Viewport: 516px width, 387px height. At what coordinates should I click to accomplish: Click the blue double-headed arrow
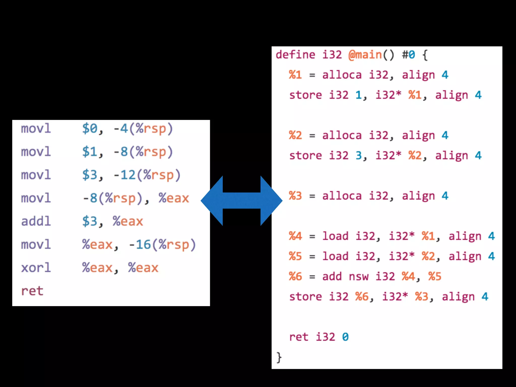[241, 201]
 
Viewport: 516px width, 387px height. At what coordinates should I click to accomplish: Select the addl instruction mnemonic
[36, 221]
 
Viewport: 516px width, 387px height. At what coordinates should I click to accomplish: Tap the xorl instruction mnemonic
[36, 268]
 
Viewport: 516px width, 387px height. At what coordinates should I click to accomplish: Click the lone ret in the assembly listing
[32, 291]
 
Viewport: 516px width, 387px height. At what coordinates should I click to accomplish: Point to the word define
[295, 55]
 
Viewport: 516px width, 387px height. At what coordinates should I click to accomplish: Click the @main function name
[365, 55]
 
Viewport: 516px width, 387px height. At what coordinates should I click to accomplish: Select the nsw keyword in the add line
[359, 276]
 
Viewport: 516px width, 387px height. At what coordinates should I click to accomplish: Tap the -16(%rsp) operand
[162, 244]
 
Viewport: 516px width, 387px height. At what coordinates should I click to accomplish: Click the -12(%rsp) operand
[147, 175]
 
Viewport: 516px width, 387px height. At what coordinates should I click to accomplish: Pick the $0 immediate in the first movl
[90, 128]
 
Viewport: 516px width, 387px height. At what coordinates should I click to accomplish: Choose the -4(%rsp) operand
[143, 128]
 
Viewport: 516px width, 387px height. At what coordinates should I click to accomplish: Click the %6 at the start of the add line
[295, 276]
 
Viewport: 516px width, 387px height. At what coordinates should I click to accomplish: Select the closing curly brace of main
[279, 357]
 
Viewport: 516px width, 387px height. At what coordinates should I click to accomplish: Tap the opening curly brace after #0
[425, 55]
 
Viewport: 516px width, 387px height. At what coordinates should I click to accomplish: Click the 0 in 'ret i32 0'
[345, 337]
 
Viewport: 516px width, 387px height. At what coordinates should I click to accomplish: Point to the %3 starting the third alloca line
[295, 196]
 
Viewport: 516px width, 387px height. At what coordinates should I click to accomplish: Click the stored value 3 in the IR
[359, 155]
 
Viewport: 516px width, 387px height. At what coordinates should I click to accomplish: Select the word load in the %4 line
[335, 236]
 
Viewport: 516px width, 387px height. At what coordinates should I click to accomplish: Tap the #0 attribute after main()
[408, 55]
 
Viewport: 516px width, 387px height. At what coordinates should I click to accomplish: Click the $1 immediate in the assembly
[90, 152]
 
